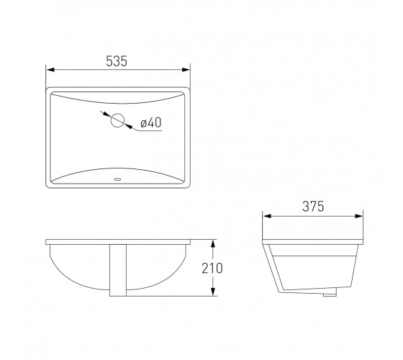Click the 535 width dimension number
117,61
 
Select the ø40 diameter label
151,122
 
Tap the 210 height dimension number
212,268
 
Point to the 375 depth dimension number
313,207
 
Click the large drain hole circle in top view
118,120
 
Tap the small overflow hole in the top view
117,179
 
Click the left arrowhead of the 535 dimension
50,70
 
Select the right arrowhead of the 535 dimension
186,70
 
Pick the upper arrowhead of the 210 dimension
212,244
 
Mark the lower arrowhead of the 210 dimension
212,292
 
